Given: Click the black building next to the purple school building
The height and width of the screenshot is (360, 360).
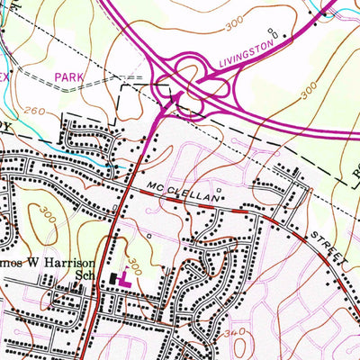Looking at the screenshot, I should pyautogui.click(x=112, y=280).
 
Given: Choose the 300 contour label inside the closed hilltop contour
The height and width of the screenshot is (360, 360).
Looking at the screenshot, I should pyautogui.click(x=43, y=216).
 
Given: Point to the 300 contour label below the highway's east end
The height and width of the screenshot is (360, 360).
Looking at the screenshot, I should pyautogui.click(x=309, y=92).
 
